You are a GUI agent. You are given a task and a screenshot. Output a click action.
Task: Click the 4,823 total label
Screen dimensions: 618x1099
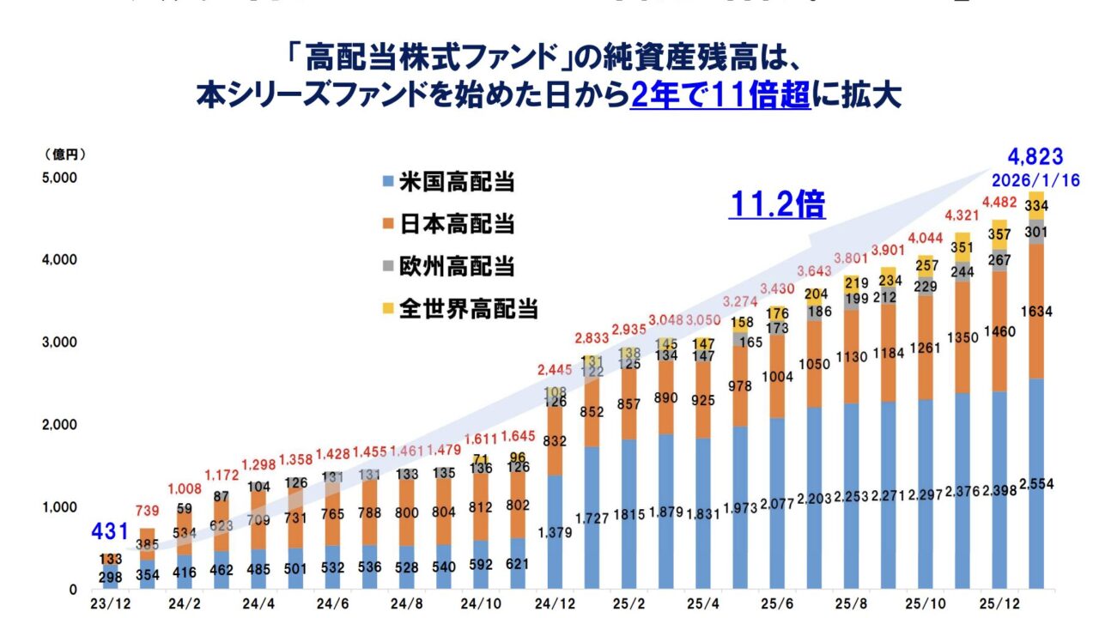(1036, 157)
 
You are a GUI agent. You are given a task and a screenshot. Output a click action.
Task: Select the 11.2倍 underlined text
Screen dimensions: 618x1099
(777, 205)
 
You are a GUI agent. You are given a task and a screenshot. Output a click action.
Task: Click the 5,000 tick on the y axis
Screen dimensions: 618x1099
(60, 179)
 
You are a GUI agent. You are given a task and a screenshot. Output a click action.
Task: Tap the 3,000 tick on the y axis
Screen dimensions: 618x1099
(60, 342)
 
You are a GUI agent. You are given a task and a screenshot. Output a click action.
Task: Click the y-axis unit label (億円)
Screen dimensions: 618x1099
(64, 154)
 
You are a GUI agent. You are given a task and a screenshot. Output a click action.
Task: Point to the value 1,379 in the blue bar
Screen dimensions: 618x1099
(555, 533)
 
